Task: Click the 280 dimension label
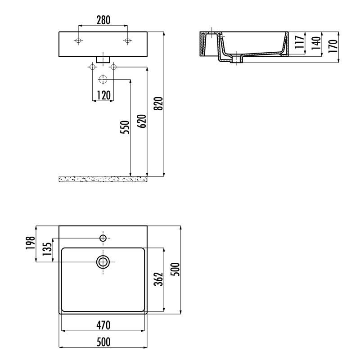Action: (x=103, y=20)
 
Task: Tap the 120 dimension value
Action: (x=103, y=95)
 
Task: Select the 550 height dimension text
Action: (x=125, y=127)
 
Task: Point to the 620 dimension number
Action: (x=142, y=121)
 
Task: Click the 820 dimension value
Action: (x=158, y=103)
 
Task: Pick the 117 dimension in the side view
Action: (x=300, y=42)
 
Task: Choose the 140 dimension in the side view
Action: (x=316, y=43)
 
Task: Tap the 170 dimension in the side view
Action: (x=333, y=46)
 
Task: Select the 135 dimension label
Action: (x=47, y=249)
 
